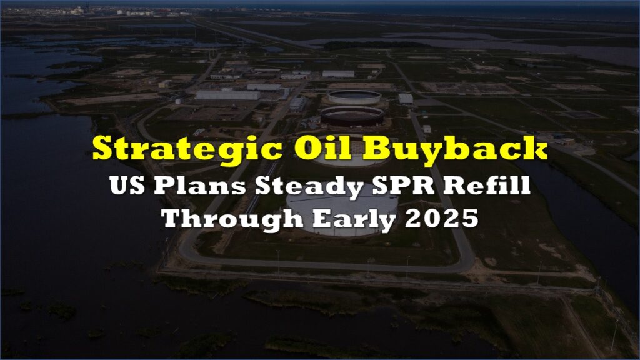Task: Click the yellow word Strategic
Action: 187,149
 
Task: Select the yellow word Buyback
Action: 455,149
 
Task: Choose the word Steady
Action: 309,187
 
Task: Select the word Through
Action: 232,219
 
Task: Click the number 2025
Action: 442,219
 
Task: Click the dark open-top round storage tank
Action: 352,116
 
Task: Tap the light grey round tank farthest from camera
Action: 354,97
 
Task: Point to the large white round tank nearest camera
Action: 342,214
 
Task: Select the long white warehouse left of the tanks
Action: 227,95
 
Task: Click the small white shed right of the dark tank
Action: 406,99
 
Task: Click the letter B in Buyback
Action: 375,147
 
